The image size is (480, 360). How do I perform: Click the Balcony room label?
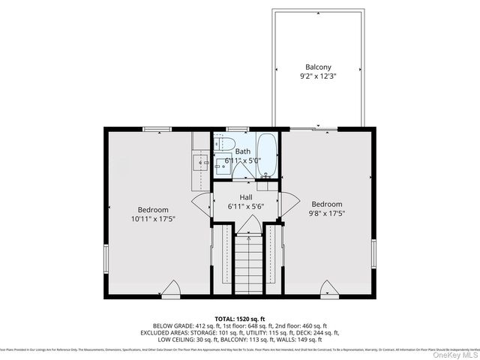(x=318, y=67)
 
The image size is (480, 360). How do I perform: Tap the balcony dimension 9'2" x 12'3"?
(x=318, y=76)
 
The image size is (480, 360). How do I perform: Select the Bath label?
(x=244, y=151)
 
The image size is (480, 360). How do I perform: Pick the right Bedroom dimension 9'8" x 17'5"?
(x=326, y=214)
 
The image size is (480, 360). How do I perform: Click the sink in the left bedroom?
(x=201, y=162)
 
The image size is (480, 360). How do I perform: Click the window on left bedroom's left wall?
(x=106, y=259)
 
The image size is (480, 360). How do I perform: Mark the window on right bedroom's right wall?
(x=373, y=255)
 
